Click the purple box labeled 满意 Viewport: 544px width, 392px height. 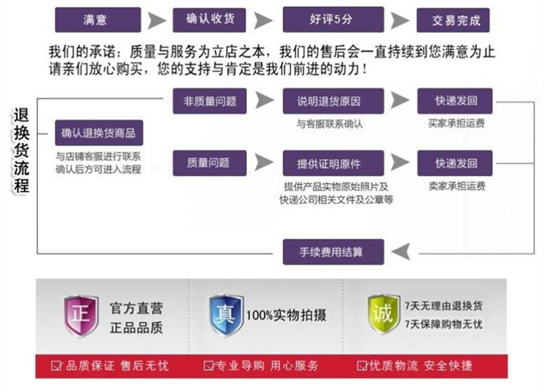coord(98,20)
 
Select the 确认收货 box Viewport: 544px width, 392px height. coord(209,20)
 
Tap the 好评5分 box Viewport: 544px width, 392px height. coord(333,20)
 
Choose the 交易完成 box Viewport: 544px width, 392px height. coord(453,20)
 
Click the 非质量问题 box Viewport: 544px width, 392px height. coord(209,101)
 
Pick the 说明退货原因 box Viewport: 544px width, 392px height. coord(333,101)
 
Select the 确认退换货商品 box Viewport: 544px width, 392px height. coord(99,133)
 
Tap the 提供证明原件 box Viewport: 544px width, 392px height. coord(333,163)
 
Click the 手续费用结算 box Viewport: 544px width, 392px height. coord(333,252)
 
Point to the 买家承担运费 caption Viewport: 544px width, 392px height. coord(456,123)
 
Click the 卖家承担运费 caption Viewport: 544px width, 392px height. coord(456,186)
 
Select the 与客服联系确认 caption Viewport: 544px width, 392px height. coord(330,124)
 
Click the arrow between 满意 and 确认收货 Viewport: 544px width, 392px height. coord(157,20)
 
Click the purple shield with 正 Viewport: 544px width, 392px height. coord(81,316)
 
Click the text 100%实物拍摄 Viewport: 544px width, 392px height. coord(286,315)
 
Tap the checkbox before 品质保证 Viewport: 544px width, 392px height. coord(56,365)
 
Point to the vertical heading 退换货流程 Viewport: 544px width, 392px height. coord(22,150)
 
